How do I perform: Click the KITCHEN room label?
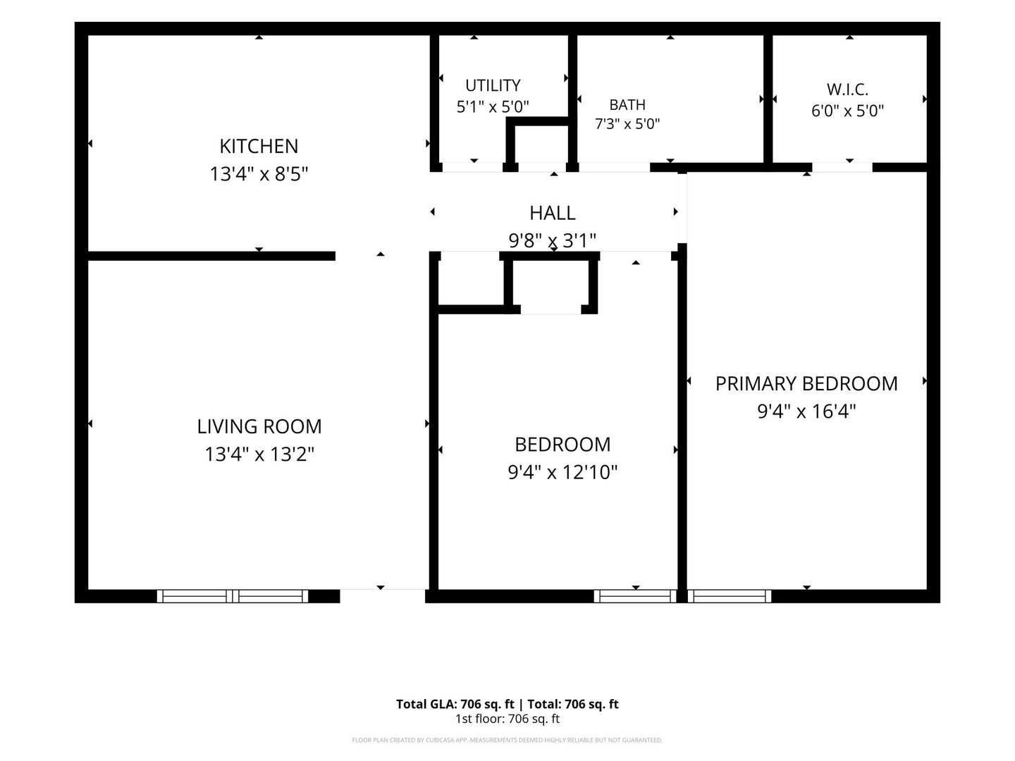click(259, 147)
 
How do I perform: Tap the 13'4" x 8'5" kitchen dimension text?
click(259, 174)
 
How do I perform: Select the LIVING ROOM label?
click(259, 426)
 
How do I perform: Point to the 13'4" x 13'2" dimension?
click(259, 454)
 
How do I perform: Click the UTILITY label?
click(493, 85)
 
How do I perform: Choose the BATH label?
click(627, 105)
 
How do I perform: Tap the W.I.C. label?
click(847, 89)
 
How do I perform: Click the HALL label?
click(553, 213)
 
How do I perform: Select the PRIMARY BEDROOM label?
click(806, 383)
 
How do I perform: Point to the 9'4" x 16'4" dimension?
click(806, 411)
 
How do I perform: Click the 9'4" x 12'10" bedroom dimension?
click(562, 472)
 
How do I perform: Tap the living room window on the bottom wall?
click(233, 596)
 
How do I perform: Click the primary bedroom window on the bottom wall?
click(730, 596)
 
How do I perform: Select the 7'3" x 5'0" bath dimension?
click(627, 124)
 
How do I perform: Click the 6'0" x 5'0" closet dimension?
click(847, 111)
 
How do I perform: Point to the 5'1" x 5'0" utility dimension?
click(493, 107)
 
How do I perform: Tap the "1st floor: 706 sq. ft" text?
click(508, 719)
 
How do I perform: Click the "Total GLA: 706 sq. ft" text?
click(455, 704)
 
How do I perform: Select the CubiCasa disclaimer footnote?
click(508, 740)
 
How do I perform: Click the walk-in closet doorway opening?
click(842, 167)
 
